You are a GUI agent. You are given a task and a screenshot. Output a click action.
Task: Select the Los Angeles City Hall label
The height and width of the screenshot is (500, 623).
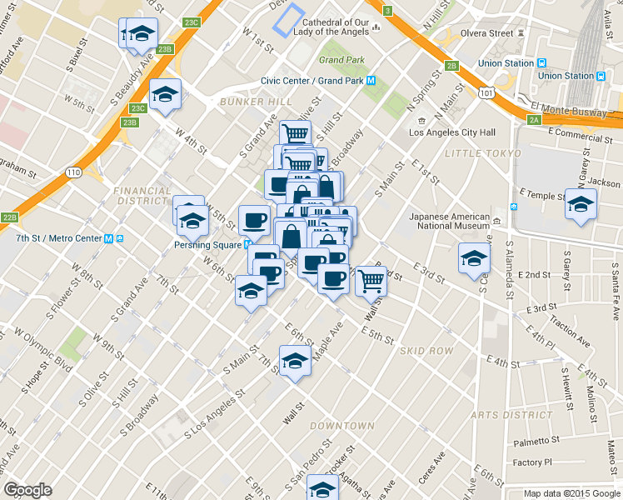point(453,132)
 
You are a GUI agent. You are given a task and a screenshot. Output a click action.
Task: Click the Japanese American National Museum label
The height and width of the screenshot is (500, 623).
point(450,221)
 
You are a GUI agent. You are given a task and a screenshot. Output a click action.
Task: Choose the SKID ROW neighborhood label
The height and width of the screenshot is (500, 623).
point(427,351)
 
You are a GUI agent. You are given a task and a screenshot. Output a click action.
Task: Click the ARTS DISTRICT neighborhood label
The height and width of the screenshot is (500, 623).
point(499,415)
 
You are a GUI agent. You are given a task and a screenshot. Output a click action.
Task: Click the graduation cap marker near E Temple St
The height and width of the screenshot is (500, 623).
point(581,204)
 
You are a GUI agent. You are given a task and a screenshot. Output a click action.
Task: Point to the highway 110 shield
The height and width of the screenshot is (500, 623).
point(74,172)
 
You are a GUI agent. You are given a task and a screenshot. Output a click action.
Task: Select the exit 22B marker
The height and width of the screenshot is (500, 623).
point(9,218)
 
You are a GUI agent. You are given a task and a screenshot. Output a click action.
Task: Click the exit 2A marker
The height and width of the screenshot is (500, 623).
point(534,119)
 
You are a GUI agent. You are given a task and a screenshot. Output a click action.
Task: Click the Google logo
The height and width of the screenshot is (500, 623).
point(27,490)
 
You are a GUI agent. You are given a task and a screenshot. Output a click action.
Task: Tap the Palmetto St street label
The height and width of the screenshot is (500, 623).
point(536,441)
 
